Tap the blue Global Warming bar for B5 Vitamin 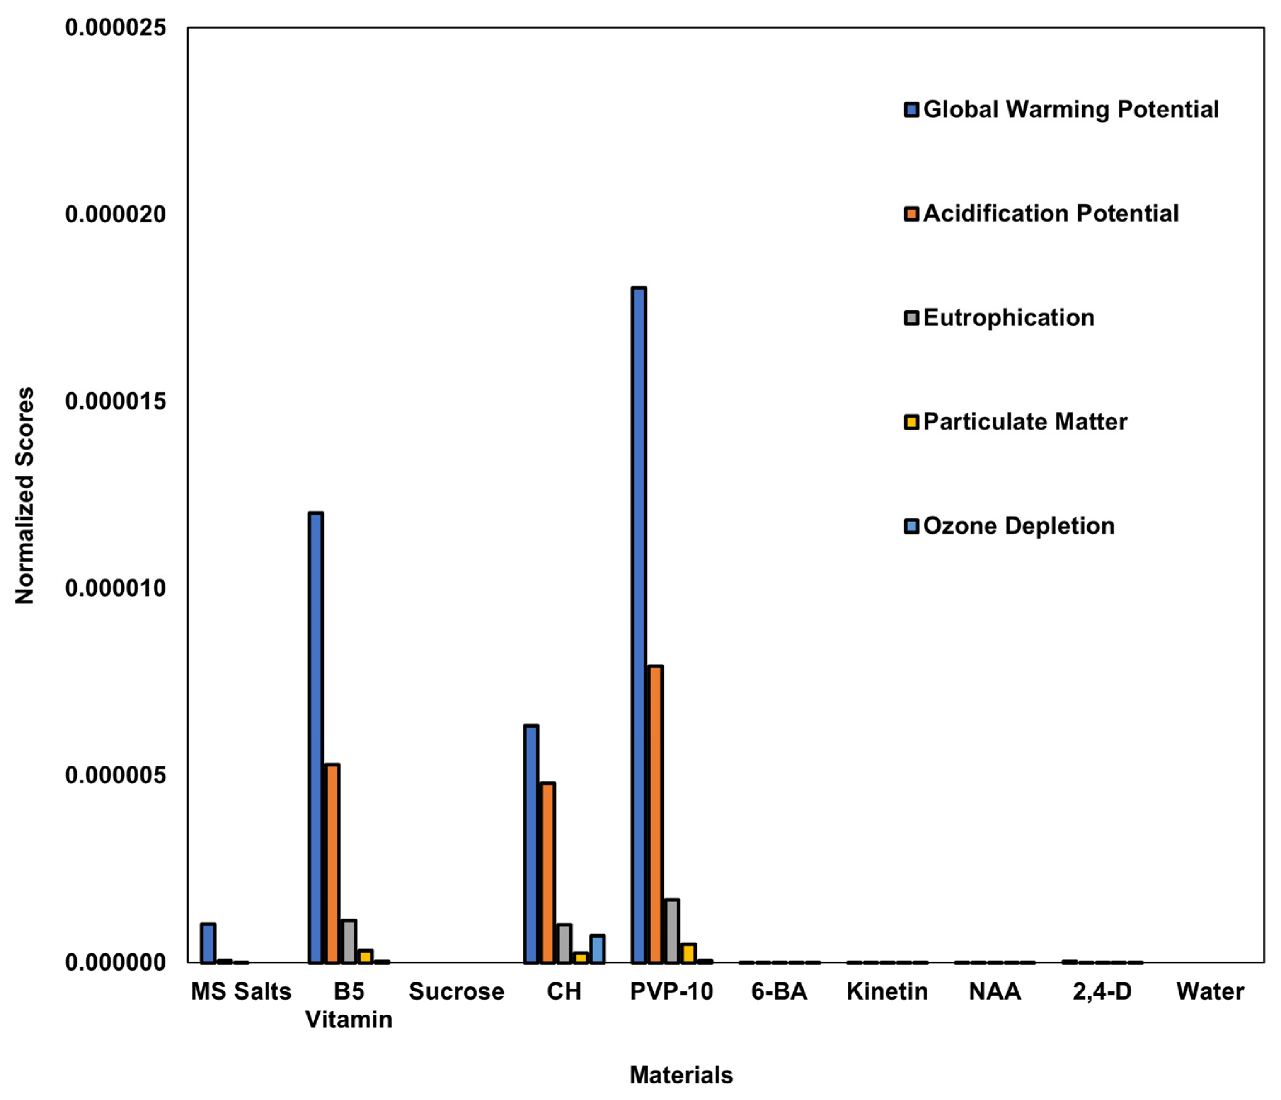coord(316,737)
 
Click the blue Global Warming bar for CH coord(531,844)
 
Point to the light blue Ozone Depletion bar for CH coord(597,949)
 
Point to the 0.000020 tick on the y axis coord(116,215)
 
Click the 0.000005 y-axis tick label coord(116,775)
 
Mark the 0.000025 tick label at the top coord(116,27)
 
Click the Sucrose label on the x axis coord(456,991)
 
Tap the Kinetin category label coord(887,991)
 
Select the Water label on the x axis coord(1210,991)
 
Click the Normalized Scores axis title coord(25,495)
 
